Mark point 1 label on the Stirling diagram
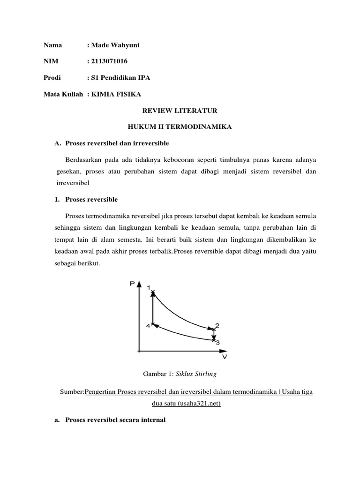pyautogui.click(x=149, y=287)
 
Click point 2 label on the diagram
pyautogui.click(x=217, y=325)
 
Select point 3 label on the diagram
pyautogui.click(x=217, y=342)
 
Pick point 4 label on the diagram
pyautogui.click(x=147, y=326)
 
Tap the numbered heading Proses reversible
pyautogui.click(x=92, y=200)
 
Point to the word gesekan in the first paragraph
pyautogui.click(x=68, y=172)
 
